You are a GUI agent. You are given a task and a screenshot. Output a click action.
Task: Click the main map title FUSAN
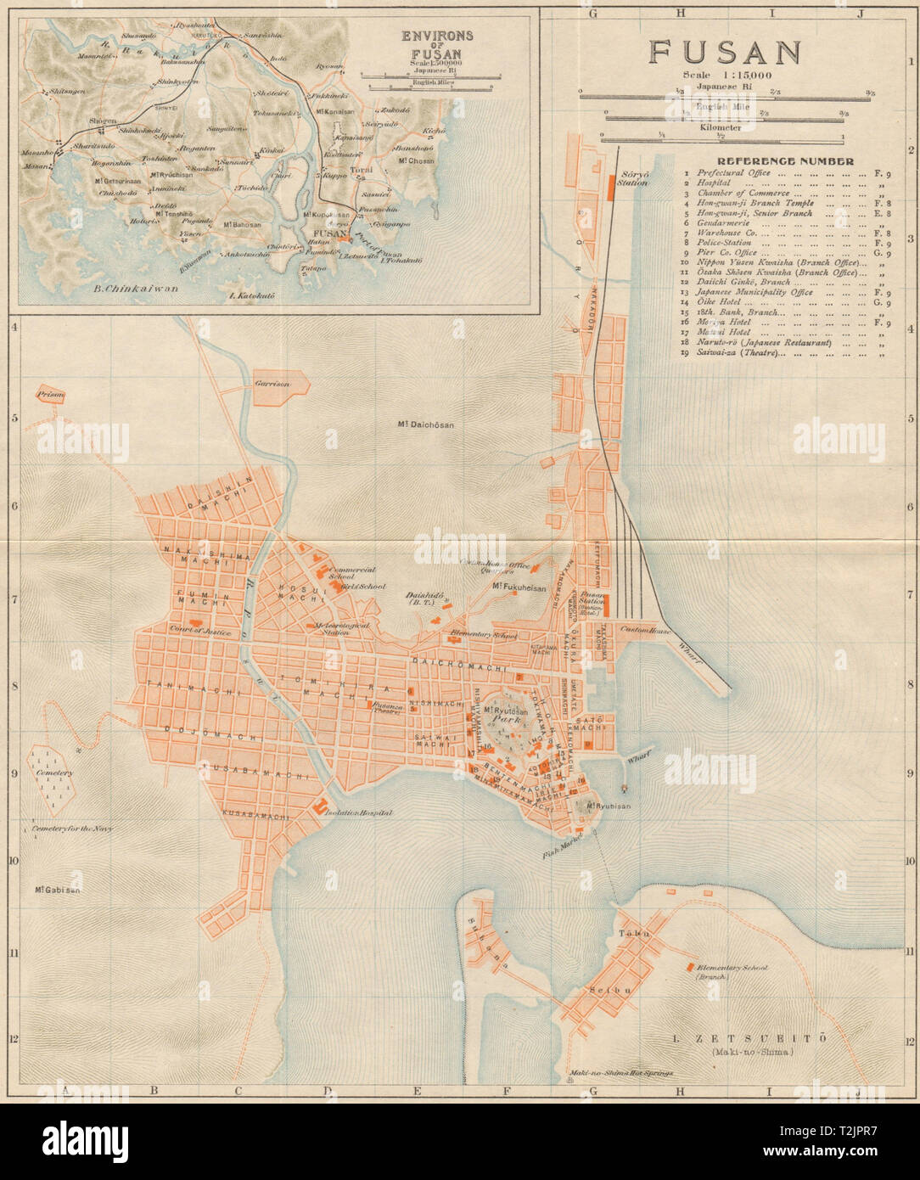(725, 52)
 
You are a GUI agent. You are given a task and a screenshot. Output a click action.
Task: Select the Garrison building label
(272, 384)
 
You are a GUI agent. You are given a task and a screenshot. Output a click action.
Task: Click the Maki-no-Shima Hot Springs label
(616, 1072)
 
